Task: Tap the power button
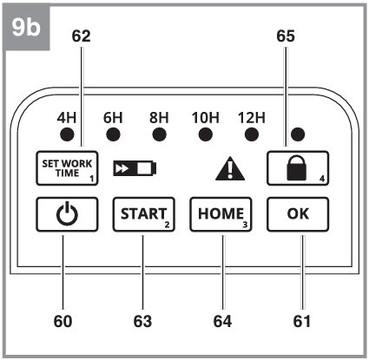[x=67, y=214]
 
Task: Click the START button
[x=144, y=214]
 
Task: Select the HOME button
[x=221, y=214]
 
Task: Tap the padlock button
[x=298, y=168]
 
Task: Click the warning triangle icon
[x=230, y=168]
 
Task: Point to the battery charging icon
[x=135, y=168]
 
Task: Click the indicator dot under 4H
[x=67, y=134]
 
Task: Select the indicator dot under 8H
[x=159, y=134]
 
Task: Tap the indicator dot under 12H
[x=252, y=134]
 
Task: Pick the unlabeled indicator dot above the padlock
[x=298, y=134]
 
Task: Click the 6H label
[x=113, y=118]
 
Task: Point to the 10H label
[x=206, y=118]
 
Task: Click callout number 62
[x=81, y=36]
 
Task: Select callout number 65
[x=286, y=36]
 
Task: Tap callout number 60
[x=63, y=322]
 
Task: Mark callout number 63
[x=142, y=322]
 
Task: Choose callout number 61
[x=302, y=322]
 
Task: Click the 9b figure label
[x=26, y=28]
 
